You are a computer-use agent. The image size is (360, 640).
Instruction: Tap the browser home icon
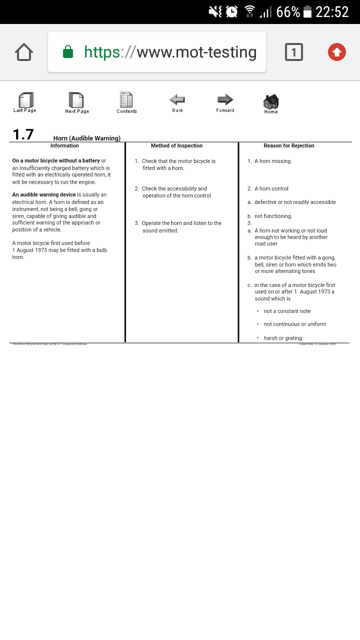tap(24, 52)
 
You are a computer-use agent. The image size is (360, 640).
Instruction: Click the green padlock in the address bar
tap(68, 52)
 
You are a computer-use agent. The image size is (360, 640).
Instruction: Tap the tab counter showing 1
tap(294, 52)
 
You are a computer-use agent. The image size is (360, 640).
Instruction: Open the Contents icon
tap(126, 99)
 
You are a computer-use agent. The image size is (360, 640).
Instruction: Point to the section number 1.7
tap(23, 134)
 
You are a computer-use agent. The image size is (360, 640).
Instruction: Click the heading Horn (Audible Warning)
tap(87, 138)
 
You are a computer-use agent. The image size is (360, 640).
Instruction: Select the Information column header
tap(64, 146)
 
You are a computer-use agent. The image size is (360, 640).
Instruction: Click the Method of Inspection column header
tap(177, 146)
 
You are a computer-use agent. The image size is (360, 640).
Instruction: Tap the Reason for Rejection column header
tap(289, 146)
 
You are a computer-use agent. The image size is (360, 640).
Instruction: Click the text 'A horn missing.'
tap(273, 161)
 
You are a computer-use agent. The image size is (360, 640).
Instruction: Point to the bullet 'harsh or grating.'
tap(283, 338)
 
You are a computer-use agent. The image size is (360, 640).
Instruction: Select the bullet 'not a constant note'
tap(287, 311)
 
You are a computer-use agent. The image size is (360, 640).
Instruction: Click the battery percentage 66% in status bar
tap(288, 12)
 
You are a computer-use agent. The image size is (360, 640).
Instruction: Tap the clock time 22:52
tap(332, 12)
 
